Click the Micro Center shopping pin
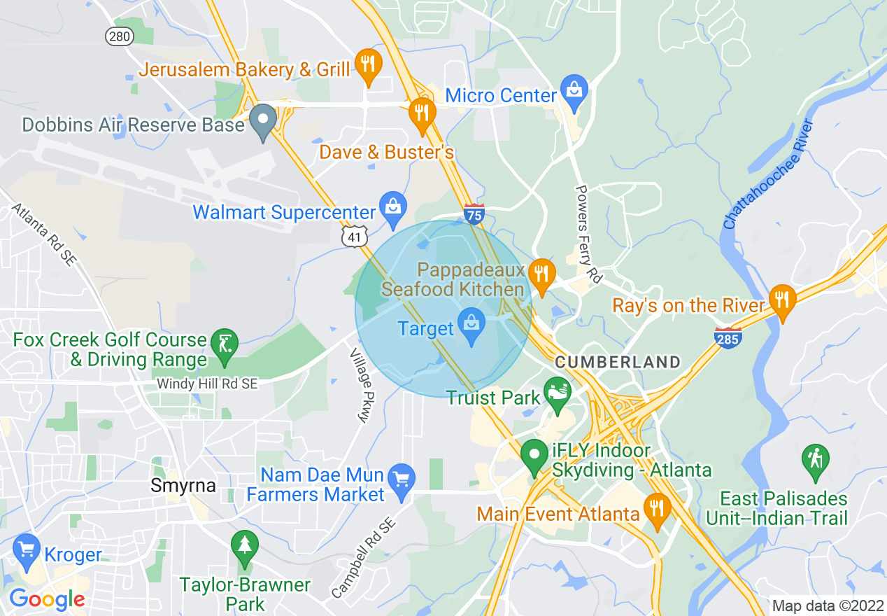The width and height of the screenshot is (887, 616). tap(574, 91)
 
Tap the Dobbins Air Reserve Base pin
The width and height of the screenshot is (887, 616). tap(264, 120)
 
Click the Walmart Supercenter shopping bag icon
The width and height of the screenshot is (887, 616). tap(393, 207)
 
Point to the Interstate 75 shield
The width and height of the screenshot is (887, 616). tap(474, 214)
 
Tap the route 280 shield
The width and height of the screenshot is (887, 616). tap(120, 36)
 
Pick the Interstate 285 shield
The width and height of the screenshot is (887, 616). tap(728, 338)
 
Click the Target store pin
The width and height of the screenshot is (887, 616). tap(471, 325)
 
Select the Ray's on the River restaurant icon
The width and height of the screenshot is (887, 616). tap(782, 300)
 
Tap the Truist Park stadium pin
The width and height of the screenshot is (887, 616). tap(558, 393)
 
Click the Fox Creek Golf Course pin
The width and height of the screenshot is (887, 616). tap(225, 345)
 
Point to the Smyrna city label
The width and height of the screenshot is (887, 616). tap(183, 485)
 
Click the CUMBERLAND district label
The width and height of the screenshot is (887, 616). tap(618, 362)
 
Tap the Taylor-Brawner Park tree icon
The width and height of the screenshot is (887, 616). tap(244, 547)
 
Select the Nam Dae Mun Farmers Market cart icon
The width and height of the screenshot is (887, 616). tap(401, 479)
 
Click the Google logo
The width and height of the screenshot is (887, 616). tap(47, 599)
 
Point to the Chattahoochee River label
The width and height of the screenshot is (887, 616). tap(769, 174)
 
